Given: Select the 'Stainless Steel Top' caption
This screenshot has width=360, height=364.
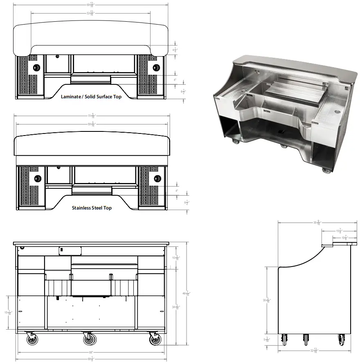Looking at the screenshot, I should click(x=92, y=208).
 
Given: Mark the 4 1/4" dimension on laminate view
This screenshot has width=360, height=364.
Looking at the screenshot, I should click(x=175, y=50).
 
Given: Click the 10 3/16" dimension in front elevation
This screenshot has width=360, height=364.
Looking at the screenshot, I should click(x=175, y=258).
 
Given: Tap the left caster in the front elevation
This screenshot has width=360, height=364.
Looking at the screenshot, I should click(x=31, y=339).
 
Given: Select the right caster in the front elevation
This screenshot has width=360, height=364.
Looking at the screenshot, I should click(x=154, y=339).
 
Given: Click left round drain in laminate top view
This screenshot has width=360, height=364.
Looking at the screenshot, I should click(x=36, y=67).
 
